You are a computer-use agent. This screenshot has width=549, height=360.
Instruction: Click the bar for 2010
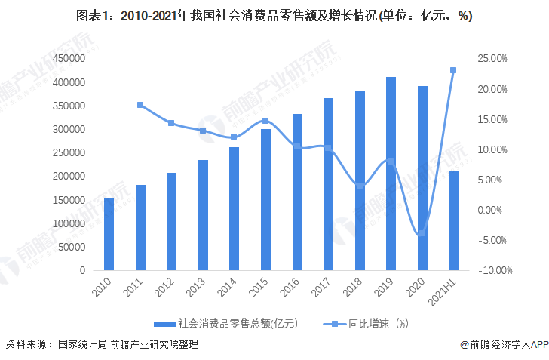[109, 233]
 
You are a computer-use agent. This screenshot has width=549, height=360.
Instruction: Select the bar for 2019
[391, 174]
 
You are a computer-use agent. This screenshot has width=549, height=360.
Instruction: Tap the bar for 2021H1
[453, 220]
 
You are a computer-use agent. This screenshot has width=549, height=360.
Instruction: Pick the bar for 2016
[297, 192]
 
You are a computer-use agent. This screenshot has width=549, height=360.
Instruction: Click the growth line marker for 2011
[140, 105]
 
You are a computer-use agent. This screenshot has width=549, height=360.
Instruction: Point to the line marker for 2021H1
[453, 70]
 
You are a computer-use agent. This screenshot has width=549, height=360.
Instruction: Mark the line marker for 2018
[360, 186]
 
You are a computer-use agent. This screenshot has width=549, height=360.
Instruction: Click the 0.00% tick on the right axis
[494, 210]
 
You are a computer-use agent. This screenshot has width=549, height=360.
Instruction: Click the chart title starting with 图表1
[274, 17]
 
